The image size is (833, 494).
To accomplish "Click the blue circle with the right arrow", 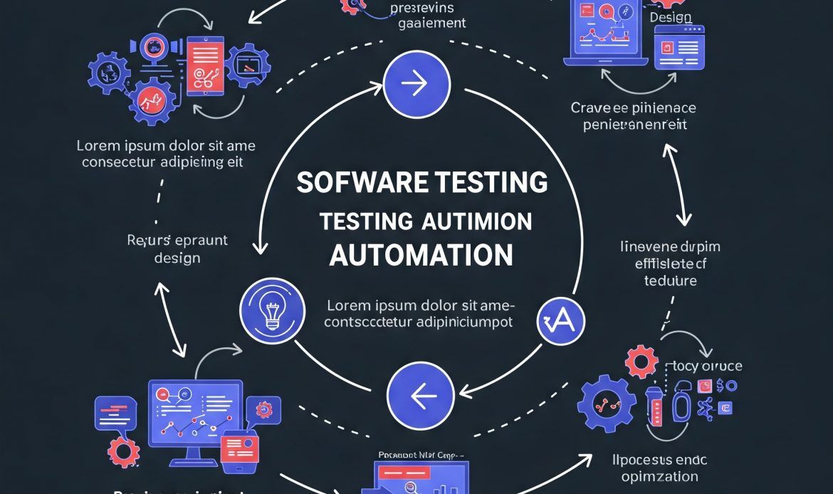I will [x=416, y=85].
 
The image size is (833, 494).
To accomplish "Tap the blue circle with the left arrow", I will [x=420, y=395].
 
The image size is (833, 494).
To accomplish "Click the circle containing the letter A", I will [x=560, y=322].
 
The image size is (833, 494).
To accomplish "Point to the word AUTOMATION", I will [x=421, y=254].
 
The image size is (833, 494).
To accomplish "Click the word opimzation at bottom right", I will [x=659, y=476].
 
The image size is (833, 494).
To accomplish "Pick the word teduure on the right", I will [x=670, y=280].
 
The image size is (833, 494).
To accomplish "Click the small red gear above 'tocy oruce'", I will [x=641, y=362].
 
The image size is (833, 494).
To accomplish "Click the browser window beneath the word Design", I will [x=679, y=48].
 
